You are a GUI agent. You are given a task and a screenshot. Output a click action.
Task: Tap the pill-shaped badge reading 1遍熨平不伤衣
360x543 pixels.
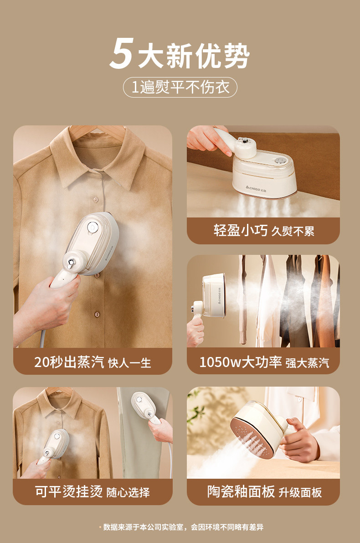pos(180,87)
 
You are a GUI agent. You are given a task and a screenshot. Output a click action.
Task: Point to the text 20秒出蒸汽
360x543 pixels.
pos(69,362)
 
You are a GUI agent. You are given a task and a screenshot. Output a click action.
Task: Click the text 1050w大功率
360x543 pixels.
pos(240,362)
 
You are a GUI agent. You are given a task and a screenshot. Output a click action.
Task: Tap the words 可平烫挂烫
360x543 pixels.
pos(68,491)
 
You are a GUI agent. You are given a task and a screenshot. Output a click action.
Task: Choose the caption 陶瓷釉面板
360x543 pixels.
pos(241,491)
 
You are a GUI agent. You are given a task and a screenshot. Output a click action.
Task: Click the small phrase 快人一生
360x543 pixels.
pos(129,363)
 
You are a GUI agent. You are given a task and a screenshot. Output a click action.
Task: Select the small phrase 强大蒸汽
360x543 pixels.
pos(308,363)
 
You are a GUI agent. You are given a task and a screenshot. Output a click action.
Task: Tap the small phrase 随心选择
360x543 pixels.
pos(128,492)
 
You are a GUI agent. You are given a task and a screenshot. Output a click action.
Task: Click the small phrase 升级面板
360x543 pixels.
pos(300,492)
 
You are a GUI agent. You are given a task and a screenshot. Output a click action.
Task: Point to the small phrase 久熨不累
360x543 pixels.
pos(293,231)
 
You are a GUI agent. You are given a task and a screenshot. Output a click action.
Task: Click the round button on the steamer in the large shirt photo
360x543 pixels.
pos(92,227)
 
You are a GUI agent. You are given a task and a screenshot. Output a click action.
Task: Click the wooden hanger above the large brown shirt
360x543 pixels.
pos(97,133)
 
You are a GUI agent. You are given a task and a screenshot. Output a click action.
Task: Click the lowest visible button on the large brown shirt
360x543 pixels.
pos(97,314)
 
